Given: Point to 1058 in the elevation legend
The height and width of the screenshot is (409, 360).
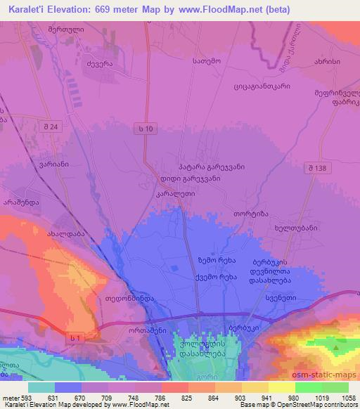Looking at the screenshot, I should tap(347, 397).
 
